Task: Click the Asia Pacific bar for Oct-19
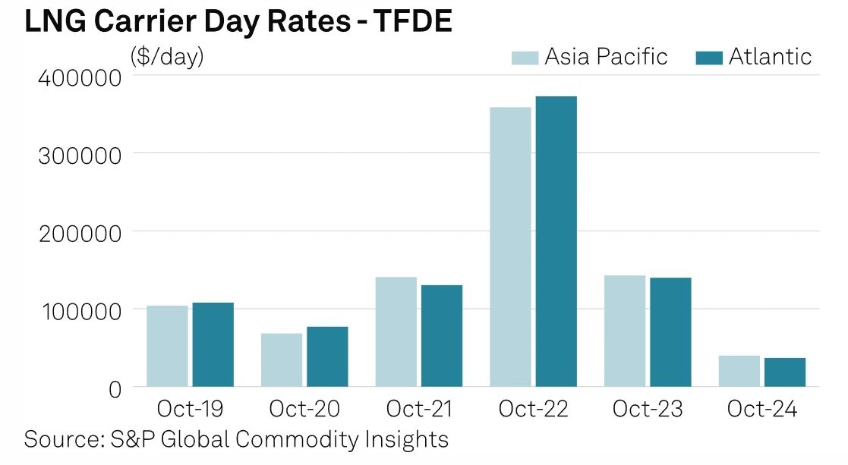point(167,346)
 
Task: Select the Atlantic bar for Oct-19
point(213,344)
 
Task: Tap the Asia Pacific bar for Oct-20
point(282,360)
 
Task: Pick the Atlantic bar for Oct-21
point(441,335)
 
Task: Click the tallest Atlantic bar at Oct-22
point(556,241)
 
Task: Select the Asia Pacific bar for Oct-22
point(510,247)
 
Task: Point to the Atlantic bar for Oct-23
point(670,331)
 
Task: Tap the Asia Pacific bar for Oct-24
point(739,371)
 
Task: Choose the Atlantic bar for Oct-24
point(784,372)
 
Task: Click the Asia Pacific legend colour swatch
point(524,57)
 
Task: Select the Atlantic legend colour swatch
point(708,57)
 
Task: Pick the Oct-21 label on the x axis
point(418,410)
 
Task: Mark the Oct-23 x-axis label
point(648,410)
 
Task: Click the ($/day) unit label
point(167,57)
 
